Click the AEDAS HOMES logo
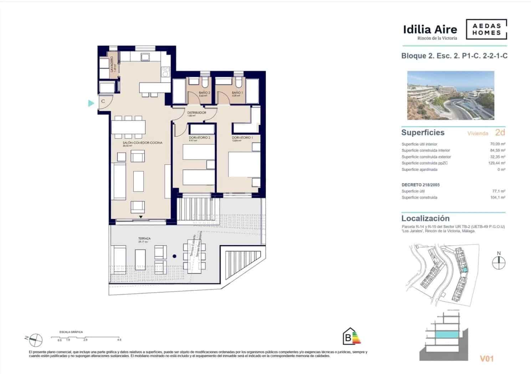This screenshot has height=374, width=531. [x=486, y=29]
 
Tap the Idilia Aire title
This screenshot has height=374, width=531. [x=430, y=29]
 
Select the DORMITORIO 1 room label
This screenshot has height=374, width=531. [x=242, y=137]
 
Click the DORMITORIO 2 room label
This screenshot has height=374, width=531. [x=199, y=137]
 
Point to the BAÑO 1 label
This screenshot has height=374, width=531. [x=237, y=93]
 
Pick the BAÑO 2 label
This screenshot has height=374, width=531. [x=204, y=93]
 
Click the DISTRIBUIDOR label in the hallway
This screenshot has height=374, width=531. [x=196, y=113]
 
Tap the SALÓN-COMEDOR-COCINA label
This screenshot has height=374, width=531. [x=138, y=143]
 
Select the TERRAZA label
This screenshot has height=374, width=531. [x=144, y=239]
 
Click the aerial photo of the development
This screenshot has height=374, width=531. [x=450, y=95]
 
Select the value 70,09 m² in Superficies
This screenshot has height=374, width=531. [x=497, y=144]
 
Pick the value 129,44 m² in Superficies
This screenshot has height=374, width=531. [x=496, y=163]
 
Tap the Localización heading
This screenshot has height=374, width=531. [x=425, y=218]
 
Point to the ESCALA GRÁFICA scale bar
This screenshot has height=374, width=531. [x=85, y=337]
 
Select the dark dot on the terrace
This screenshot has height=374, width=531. [x=174, y=256]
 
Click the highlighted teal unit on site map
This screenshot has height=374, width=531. [x=464, y=270]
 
